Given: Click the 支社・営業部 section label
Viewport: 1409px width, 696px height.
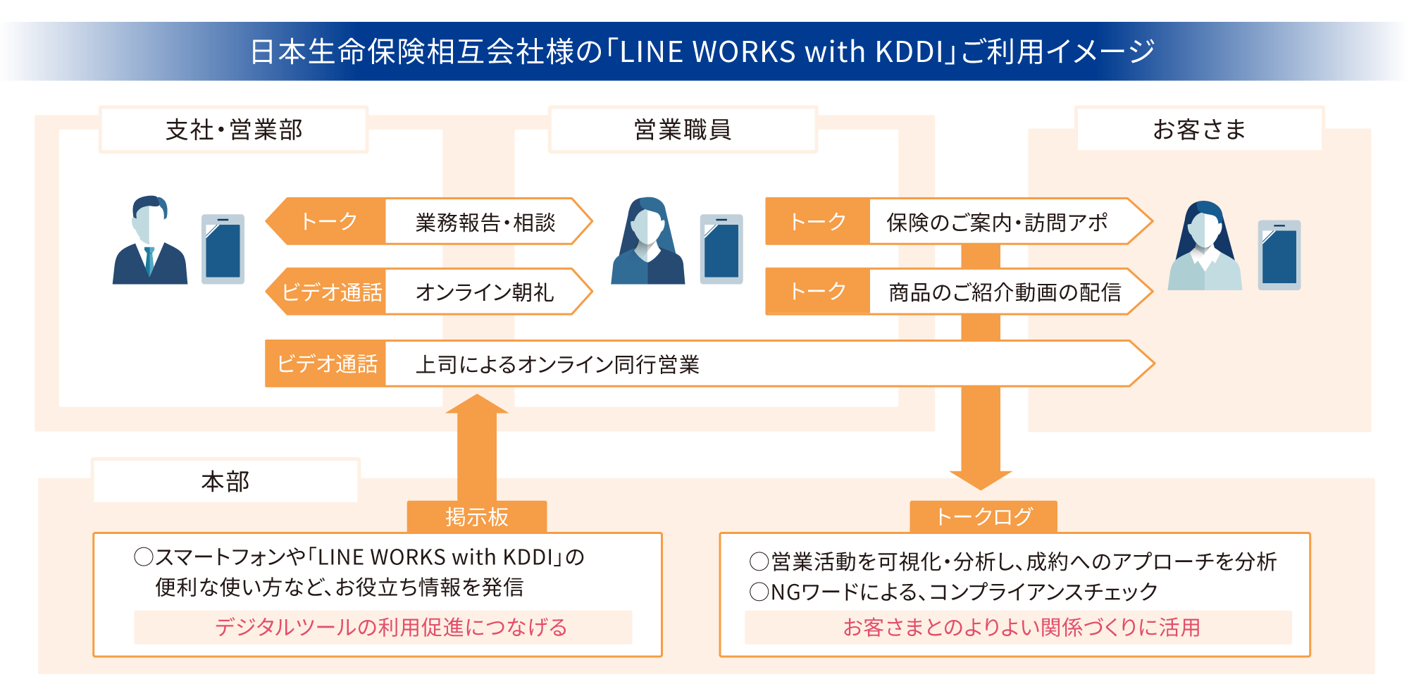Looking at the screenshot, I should click(x=233, y=130).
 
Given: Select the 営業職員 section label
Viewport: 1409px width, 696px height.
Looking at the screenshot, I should click(x=682, y=130).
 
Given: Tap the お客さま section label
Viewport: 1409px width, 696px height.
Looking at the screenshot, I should click(x=1199, y=129).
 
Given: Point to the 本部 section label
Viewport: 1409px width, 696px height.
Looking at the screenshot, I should click(x=225, y=481).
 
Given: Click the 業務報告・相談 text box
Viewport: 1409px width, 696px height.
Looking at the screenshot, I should click(x=485, y=222).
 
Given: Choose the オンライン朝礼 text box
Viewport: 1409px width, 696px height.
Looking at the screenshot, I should click(x=485, y=292).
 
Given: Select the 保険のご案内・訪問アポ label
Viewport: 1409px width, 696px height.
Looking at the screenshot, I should click(x=997, y=222).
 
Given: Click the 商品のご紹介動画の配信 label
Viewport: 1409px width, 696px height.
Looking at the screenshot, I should click(x=1004, y=292).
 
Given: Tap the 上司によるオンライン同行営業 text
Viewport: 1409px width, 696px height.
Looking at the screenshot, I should click(x=557, y=364).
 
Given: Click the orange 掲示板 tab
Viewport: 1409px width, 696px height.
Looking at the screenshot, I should click(x=477, y=517).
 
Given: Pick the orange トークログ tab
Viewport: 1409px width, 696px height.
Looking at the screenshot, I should click(x=983, y=517).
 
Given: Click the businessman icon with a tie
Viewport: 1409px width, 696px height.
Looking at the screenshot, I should click(x=150, y=241).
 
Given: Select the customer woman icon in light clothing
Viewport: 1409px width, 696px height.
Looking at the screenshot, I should click(x=1205, y=246).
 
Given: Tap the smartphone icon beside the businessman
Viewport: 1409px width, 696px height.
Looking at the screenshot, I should click(x=223, y=249).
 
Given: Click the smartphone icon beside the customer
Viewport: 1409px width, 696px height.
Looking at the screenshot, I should click(x=1279, y=255).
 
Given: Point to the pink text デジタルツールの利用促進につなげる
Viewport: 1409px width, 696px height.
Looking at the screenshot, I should click(x=391, y=627).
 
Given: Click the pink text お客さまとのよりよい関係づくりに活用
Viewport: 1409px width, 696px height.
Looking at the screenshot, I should click(x=1022, y=627).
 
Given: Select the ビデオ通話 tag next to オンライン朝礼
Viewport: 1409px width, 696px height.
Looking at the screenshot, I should click(x=331, y=292).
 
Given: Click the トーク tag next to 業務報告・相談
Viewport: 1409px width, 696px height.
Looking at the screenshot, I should click(x=329, y=221).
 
